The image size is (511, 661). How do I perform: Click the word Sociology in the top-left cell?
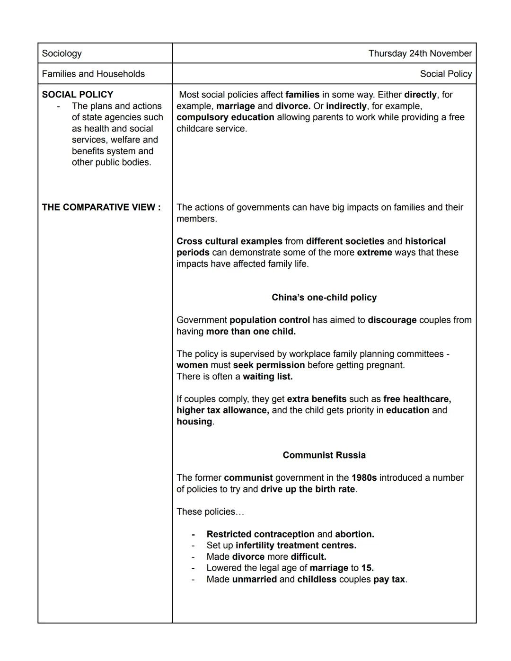pyautogui.click(x=62, y=53)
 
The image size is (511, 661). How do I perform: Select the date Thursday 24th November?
pyautogui.click(x=420, y=53)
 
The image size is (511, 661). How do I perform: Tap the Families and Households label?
pyautogui.click(x=93, y=74)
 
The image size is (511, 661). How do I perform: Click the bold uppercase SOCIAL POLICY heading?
pyautogui.click(x=78, y=95)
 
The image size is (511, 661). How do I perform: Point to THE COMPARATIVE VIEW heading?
pyautogui.click(x=101, y=207)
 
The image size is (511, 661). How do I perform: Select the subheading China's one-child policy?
pyautogui.click(x=324, y=298)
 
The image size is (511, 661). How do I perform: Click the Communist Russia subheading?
pyautogui.click(x=324, y=455)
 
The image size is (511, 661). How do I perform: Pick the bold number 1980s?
pyautogui.click(x=364, y=478)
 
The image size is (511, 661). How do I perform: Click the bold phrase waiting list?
pyautogui.click(x=268, y=377)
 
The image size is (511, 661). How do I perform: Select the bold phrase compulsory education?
pyautogui.click(x=225, y=117)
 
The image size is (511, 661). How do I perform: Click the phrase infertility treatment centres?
pyautogui.click(x=296, y=546)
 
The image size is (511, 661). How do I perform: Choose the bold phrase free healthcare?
pyautogui.click(x=417, y=399)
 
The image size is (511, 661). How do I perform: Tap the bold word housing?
pyautogui.click(x=194, y=422)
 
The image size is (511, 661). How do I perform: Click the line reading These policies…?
pyautogui.click(x=210, y=512)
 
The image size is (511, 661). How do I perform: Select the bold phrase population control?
pyautogui.click(x=270, y=320)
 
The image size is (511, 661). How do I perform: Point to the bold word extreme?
pyautogui.click(x=374, y=253)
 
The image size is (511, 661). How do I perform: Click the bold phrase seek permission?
pyautogui.click(x=269, y=365)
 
